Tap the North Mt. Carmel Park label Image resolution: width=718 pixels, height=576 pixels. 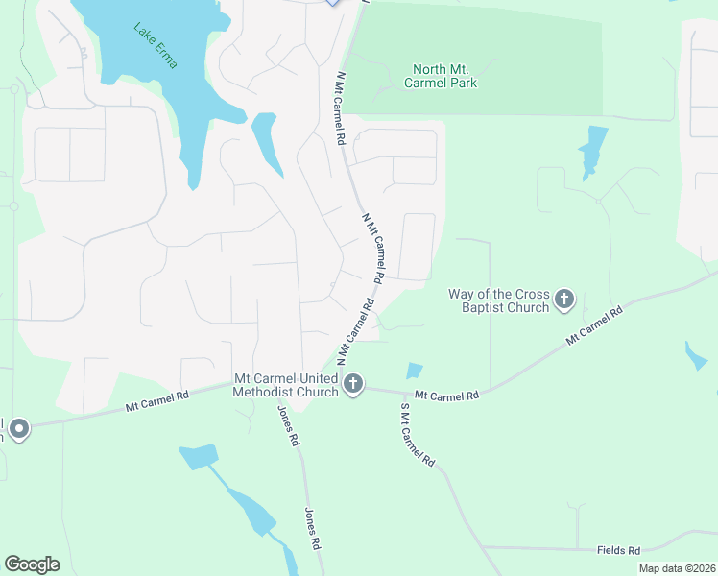444,76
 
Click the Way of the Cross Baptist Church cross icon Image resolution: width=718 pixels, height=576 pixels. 563,300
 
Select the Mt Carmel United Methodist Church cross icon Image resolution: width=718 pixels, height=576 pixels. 353,385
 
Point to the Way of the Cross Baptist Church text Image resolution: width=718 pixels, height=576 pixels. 499,300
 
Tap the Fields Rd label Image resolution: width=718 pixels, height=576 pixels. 618,550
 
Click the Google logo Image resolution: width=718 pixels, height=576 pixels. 32,564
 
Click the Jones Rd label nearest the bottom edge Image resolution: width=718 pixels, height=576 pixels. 311,527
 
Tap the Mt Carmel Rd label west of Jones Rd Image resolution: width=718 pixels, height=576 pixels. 156,400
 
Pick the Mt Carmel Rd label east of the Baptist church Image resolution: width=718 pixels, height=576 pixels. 594,324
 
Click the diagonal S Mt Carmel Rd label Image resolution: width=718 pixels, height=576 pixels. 417,436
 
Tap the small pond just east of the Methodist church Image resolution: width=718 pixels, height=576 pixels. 414,371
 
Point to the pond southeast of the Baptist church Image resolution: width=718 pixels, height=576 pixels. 696,356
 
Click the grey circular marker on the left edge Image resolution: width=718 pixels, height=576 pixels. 19,428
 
